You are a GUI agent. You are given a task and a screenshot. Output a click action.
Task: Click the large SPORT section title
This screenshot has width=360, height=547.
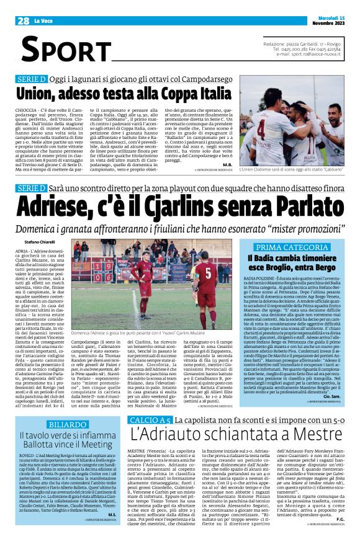61,50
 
